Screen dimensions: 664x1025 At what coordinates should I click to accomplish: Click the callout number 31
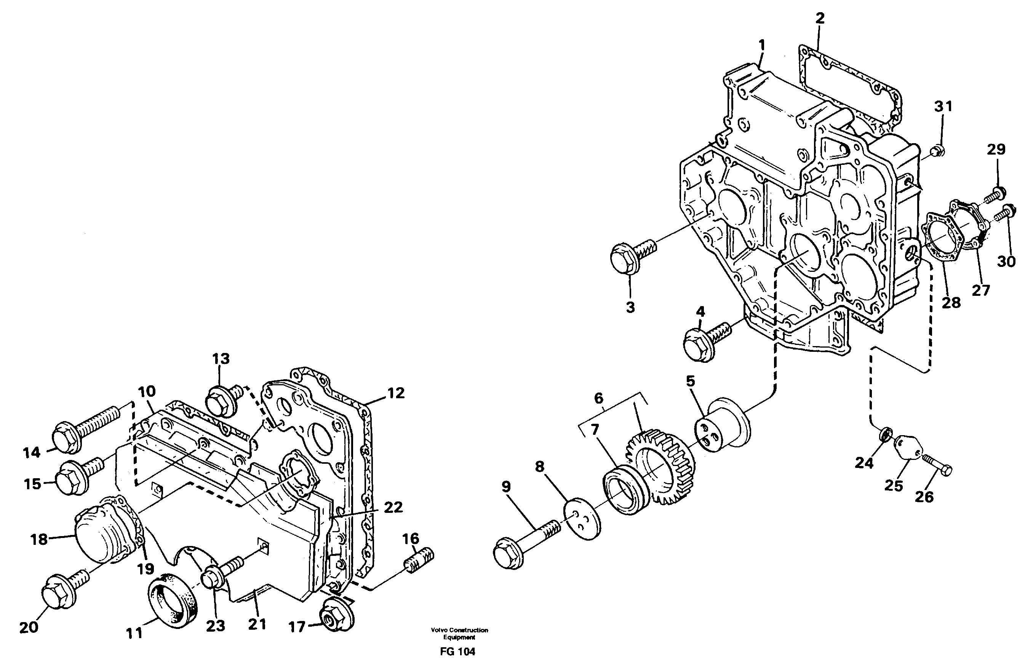coord(943,106)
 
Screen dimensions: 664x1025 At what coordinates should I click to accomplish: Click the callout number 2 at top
coord(820,18)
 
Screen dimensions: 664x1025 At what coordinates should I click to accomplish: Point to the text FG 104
coord(457,651)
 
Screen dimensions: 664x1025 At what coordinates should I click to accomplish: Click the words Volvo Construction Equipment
coord(459,634)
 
